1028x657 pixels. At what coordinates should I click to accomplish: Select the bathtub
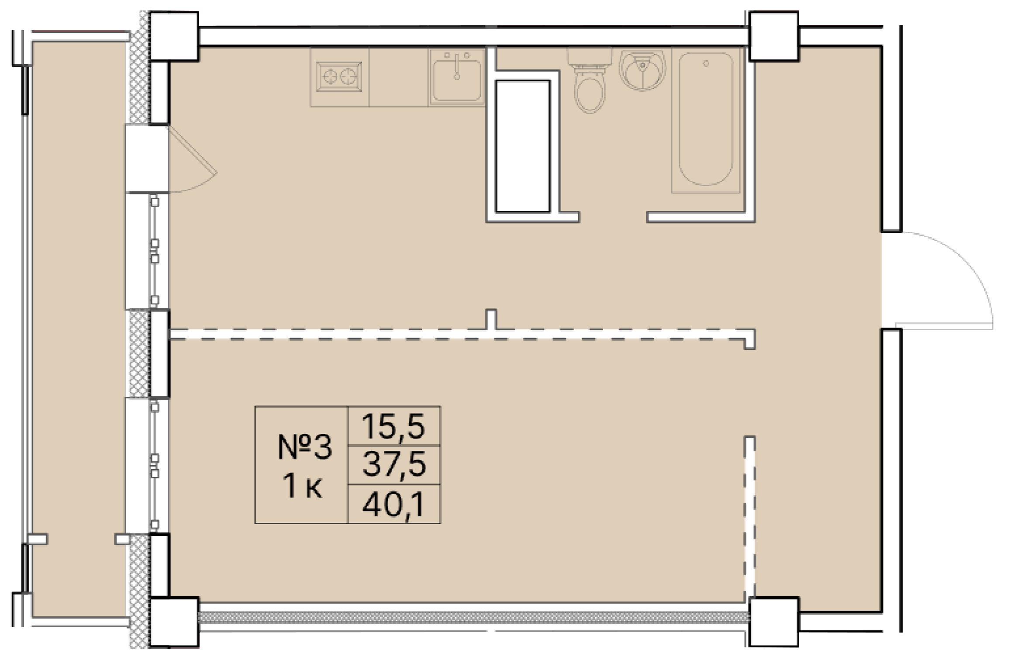(x=706, y=120)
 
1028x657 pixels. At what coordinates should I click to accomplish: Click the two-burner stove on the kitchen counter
(x=339, y=77)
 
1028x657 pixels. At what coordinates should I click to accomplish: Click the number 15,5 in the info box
(x=393, y=426)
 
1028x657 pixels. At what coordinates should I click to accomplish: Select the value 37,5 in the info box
(x=394, y=464)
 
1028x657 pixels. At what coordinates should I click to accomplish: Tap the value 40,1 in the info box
(x=393, y=504)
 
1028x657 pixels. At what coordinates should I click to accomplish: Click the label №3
(x=304, y=447)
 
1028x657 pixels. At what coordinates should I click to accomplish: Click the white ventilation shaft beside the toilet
(x=522, y=146)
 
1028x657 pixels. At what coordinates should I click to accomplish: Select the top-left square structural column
(x=174, y=36)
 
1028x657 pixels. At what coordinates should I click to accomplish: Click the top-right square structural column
(x=774, y=36)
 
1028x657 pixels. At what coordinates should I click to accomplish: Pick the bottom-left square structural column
(x=174, y=622)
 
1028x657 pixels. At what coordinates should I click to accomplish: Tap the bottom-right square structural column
(x=774, y=622)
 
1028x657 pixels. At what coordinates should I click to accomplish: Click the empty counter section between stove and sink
(x=398, y=77)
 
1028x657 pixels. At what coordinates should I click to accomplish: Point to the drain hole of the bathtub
(x=706, y=64)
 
